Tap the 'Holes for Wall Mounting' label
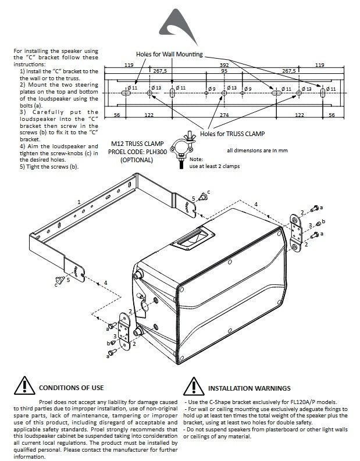[169, 54]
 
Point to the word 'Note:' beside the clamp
[196, 159]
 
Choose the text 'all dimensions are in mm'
[258, 150]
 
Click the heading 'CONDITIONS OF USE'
[70, 388]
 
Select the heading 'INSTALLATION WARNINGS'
[249, 388]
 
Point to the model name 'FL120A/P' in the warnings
[306, 402]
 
